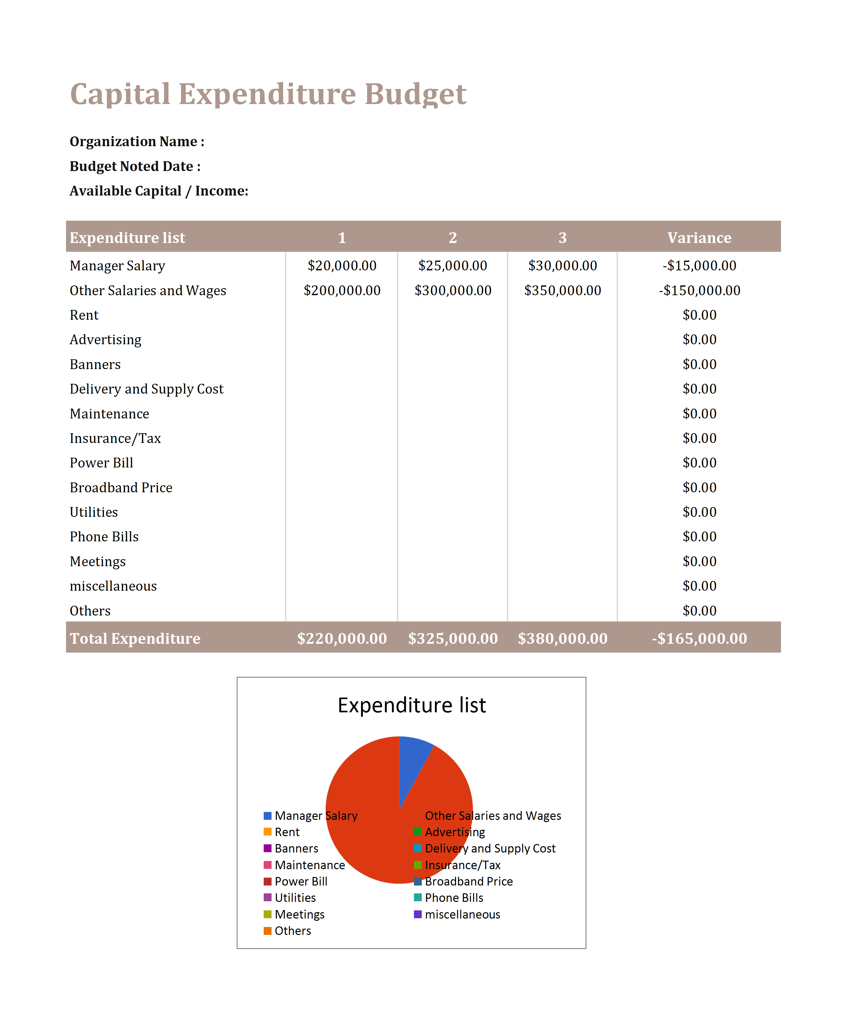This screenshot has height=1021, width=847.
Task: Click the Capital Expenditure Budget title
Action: tap(268, 94)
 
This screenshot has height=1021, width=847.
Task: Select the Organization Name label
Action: tap(137, 141)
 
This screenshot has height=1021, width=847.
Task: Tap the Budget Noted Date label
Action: tap(135, 166)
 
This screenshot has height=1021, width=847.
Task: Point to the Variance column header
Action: tap(699, 237)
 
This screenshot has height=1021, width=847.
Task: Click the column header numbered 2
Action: tap(453, 237)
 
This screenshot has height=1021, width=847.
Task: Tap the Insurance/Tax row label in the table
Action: tap(115, 438)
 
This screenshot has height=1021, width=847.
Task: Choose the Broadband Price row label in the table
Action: tap(121, 487)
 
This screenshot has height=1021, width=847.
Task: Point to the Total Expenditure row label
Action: tap(135, 638)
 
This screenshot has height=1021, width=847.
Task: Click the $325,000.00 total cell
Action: tap(453, 638)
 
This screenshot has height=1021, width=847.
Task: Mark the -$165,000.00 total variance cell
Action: tap(699, 638)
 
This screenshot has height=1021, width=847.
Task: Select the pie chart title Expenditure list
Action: tap(412, 705)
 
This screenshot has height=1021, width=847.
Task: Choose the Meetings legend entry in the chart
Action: tap(294, 914)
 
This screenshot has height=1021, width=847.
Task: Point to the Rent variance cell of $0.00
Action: tap(699, 315)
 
